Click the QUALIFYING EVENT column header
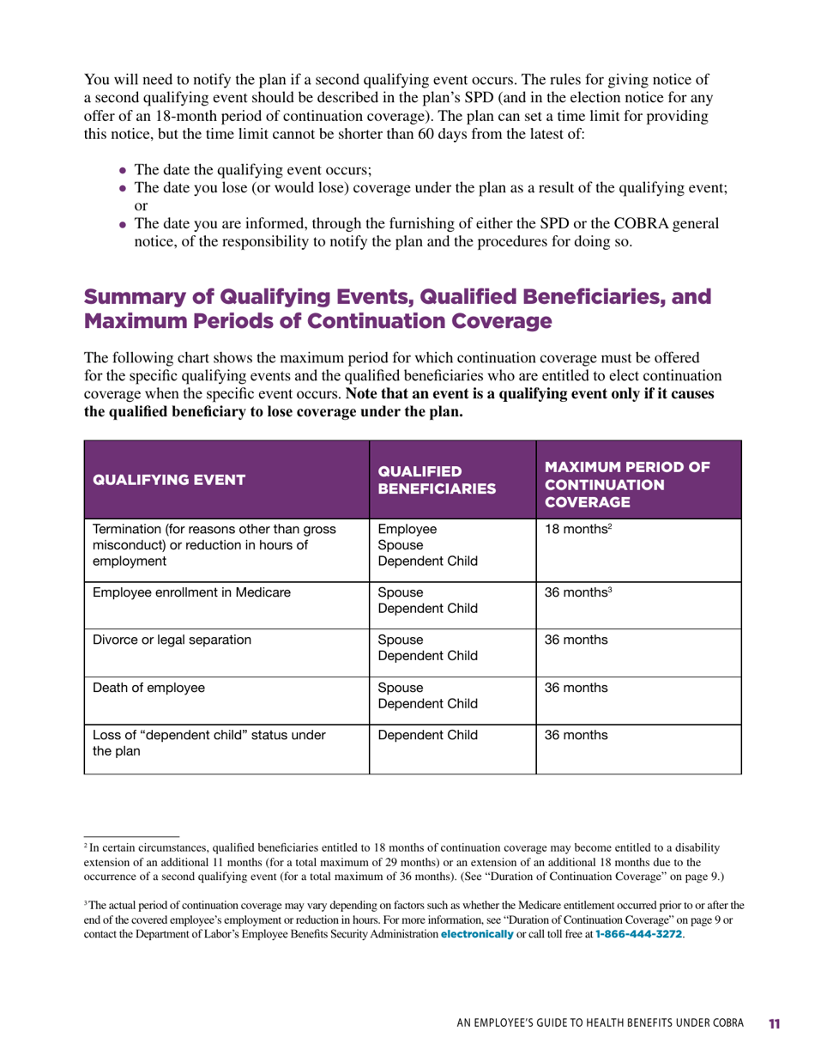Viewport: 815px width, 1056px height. tap(168, 480)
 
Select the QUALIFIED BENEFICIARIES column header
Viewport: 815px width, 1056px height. tap(437, 480)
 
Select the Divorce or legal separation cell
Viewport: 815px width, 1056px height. tap(172, 640)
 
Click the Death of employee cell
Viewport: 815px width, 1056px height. tap(143, 687)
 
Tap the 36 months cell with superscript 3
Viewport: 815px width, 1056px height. tap(574, 592)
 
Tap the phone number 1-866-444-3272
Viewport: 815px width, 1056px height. tap(638, 933)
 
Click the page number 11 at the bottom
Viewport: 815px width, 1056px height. tap(774, 1024)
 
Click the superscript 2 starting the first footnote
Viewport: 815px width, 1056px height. tap(85, 846)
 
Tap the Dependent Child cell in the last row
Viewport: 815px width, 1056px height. tap(421, 735)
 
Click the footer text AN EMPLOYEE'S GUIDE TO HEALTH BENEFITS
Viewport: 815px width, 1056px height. tap(592, 1024)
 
